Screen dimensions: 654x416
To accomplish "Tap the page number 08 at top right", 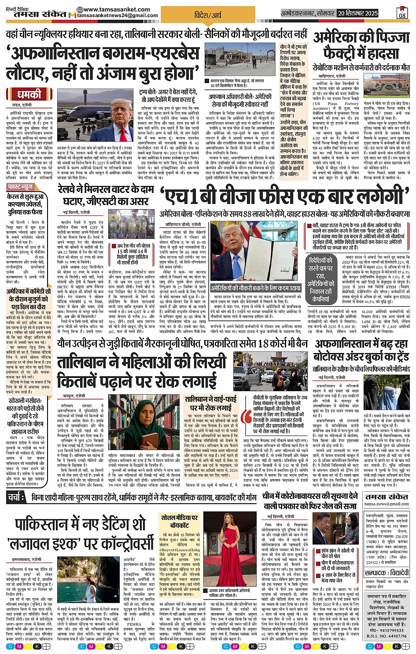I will click(402, 13).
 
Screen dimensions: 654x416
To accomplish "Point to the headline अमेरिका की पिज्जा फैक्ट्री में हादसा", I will click(361, 46).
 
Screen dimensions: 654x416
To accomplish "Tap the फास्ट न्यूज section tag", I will click(20, 187).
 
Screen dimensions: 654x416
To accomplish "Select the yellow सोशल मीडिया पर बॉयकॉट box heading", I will click(180, 521).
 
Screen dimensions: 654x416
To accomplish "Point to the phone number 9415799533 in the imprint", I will click(387, 629).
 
